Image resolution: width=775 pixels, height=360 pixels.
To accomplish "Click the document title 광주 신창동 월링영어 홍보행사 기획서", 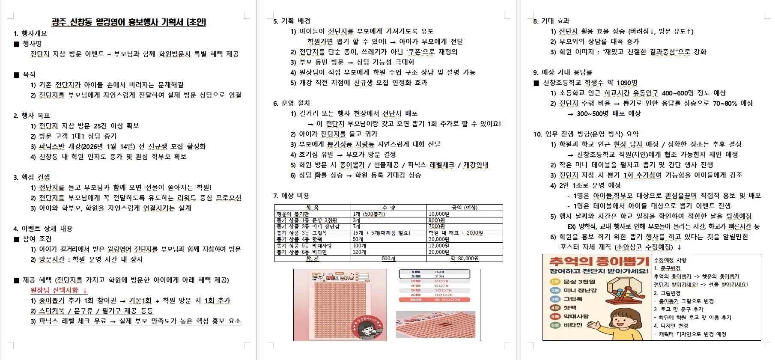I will tap(128, 22).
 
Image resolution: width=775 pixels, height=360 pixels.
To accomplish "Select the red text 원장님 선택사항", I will tap(54, 290).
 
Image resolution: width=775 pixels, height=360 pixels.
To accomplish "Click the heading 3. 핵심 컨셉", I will tap(32, 177).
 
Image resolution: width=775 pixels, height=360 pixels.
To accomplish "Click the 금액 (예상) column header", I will tap(464, 208).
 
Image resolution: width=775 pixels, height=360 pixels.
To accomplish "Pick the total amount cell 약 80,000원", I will tap(464, 259).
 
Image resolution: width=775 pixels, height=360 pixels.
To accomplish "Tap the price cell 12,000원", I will tap(438, 246).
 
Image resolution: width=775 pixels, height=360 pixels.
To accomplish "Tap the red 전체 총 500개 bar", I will tap(434, 300).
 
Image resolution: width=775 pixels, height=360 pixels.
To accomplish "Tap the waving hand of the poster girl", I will tap(594, 324).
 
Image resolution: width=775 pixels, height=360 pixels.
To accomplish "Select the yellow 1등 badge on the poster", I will tap(555, 282).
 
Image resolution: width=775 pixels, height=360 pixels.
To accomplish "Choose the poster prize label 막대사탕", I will tap(576, 316).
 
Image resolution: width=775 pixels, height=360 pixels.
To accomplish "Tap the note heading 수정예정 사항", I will tap(670, 260).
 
